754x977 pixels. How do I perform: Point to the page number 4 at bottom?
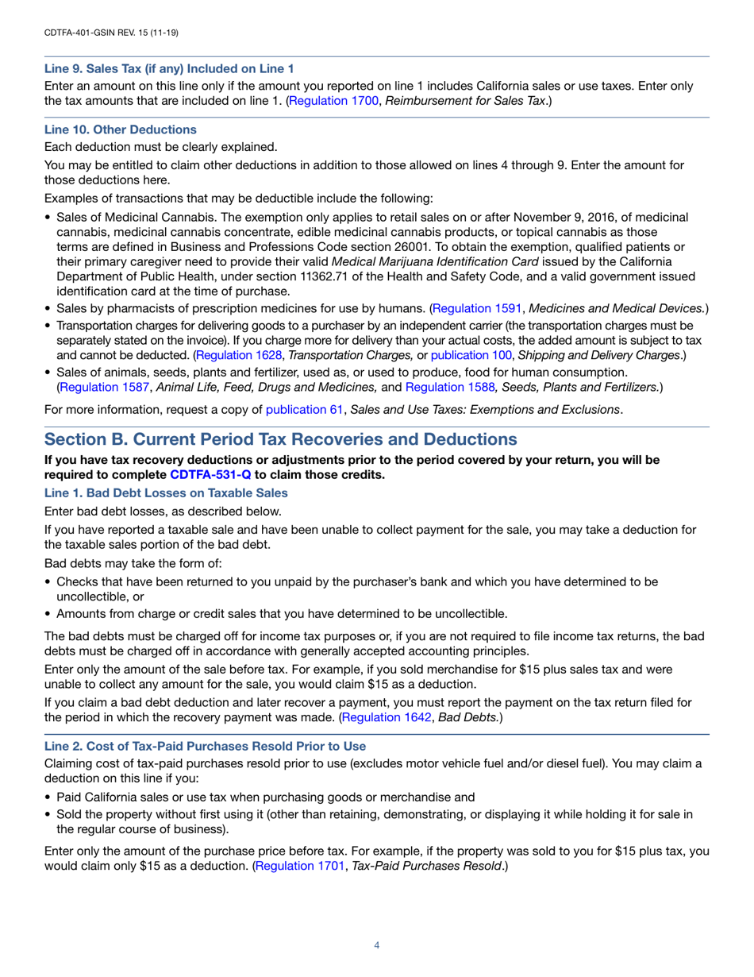377,945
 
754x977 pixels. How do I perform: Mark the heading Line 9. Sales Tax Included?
168,68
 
